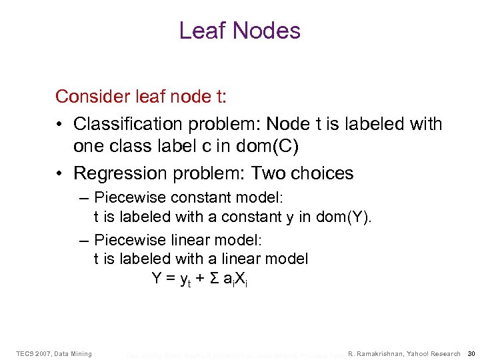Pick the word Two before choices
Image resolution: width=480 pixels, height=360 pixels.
tap(269, 173)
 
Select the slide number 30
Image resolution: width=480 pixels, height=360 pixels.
tap(471, 353)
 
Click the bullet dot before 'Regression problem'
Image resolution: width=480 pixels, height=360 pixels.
tap(61, 173)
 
